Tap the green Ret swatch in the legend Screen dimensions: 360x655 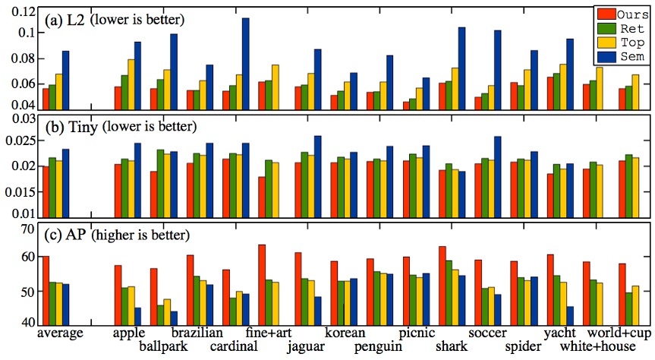tap(605, 29)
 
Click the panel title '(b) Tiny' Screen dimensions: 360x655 tap(68, 125)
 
